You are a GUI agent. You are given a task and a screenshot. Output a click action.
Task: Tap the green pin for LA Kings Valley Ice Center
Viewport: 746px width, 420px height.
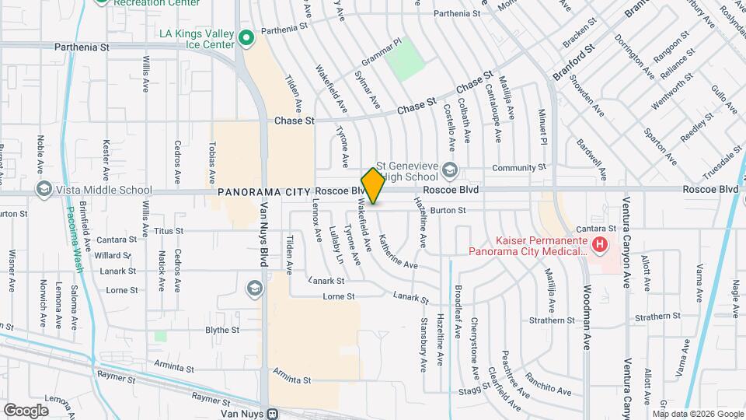coord(246,37)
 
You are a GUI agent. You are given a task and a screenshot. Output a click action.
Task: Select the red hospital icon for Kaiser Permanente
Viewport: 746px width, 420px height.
coord(599,246)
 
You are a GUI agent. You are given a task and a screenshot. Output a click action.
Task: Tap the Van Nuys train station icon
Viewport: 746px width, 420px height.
coord(271,413)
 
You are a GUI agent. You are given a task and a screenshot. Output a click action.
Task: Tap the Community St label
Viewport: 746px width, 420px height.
coord(519,168)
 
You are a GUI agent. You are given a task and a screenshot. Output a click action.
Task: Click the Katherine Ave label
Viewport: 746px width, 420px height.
coord(397,250)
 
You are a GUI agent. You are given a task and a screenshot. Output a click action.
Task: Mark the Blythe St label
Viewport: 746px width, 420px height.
coord(221,330)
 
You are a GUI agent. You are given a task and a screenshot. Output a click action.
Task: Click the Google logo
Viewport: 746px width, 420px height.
coord(26,410)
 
